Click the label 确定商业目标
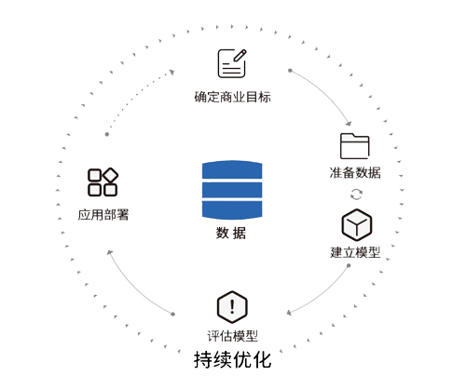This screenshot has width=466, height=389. pyautogui.click(x=232, y=97)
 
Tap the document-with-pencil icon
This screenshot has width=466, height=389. pyautogui.click(x=232, y=63)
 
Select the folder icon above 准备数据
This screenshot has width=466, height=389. pyautogui.click(x=355, y=146)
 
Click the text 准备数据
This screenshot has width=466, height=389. pyautogui.click(x=355, y=172)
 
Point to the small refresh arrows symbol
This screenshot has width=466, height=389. pyautogui.click(x=356, y=194)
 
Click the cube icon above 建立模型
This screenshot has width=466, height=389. pyautogui.click(x=357, y=225)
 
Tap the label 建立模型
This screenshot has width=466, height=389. pyautogui.click(x=355, y=252)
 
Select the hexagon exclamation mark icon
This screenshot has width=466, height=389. pyautogui.click(x=232, y=307)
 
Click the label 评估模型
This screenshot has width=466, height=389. pyautogui.click(x=232, y=336)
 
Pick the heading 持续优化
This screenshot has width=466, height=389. pyautogui.click(x=233, y=360)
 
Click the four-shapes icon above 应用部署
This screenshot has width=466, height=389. pyautogui.click(x=103, y=182)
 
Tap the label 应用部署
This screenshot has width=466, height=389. pyautogui.click(x=103, y=215)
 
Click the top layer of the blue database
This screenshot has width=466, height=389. pyautogui.click(x=232, y=169)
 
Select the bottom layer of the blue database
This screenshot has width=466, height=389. pyautogui.click(x=232, y=210)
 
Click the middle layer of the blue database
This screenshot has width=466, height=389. pyautogui.click(x=232, y=190)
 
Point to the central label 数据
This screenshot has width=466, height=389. pyautogui.click(x=231, y=233)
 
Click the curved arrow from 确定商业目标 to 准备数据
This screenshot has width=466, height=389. pyautogui.click(x=327, y=91)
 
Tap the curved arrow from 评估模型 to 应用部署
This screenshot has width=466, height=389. pyautogui.click(x=133, y=288)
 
